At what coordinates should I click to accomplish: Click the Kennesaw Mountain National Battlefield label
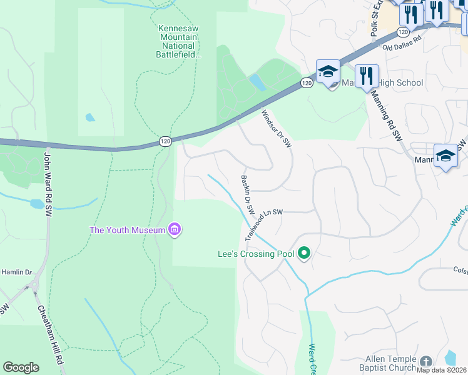(x=178, y=41)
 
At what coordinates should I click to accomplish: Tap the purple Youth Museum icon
(x=175, y=231)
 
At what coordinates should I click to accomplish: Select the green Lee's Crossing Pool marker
(x=305, y=254)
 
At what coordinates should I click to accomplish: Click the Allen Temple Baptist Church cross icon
(x=425, y=362)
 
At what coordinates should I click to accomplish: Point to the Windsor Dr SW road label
(x=276, y=128)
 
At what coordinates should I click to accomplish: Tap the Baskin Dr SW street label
(x=248, y=192)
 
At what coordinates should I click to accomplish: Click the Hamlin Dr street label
(x=16, y=272)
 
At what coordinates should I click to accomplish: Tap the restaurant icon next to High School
(x=367, y=76)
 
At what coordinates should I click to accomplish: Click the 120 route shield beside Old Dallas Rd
(x=404, y=31)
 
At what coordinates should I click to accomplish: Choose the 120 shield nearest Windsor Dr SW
(x=306, y=82)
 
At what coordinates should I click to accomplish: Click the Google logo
(x=21, y=367)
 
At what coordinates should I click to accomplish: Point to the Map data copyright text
(x=442, y=370)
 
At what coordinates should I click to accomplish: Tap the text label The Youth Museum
(x=127, y=230)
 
